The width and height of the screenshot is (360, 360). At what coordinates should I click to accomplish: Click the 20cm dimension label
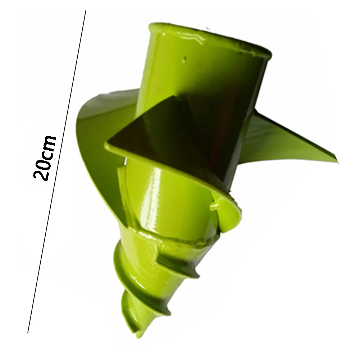(45, 158)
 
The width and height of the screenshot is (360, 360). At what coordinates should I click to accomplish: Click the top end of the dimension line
(86, 10)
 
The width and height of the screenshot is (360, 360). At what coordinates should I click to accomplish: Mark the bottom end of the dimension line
(28, 333)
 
